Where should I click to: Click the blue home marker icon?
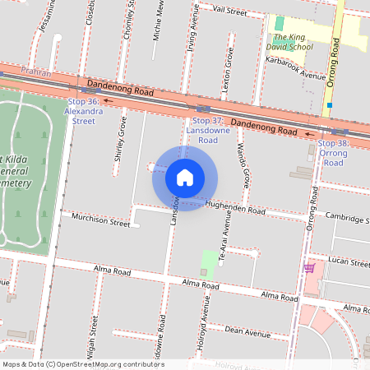[x=185, y=178]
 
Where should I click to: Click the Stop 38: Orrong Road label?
[x=333, y=153]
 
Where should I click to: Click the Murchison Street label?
[x=101, y=223]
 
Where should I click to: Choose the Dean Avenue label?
[x=247, y=332]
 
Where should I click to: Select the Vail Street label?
[x=229, y=12]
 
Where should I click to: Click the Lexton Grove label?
[x=231, y=74]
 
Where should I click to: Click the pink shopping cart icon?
[x=309, y=268]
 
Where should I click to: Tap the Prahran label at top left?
[x=36, y=73]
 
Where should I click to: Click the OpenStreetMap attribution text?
[x=82, y=364]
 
